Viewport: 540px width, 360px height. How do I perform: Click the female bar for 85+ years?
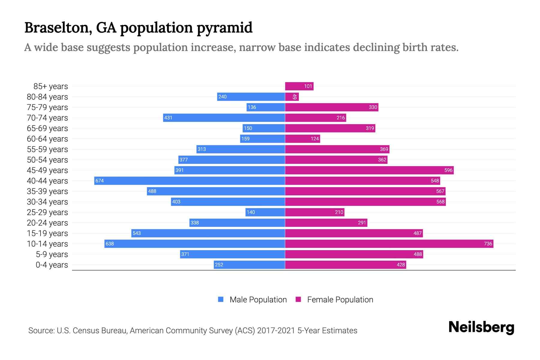tap(299, 86)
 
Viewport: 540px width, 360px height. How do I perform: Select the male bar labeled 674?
tap(190, 181)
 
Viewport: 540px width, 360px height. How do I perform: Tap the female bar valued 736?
tap(389, 244)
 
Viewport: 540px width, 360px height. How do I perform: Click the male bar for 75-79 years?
tap(266, 107)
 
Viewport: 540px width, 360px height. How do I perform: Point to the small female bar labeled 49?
tap(292, 97)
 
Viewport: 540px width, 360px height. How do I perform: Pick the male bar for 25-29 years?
tap(265, 212)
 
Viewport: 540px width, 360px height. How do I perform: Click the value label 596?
tap(448, 170)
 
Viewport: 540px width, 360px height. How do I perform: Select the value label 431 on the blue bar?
tap(168, 118)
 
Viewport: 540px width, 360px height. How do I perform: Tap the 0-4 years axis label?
tap(52, 265)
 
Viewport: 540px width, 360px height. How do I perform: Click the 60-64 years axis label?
tap(47, 139)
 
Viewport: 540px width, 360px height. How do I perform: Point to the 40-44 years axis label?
tap(47, 181)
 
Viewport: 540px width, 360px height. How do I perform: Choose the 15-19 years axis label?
tap(47, 233)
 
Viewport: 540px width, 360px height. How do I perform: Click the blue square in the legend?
tap(221, 299)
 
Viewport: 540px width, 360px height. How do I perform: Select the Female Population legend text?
tap(340, 300)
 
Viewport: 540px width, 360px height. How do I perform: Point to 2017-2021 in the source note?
tap(276, 331)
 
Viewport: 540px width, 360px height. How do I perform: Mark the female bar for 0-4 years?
tap(345, 265)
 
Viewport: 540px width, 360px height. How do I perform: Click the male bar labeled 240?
tap(251, 97)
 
